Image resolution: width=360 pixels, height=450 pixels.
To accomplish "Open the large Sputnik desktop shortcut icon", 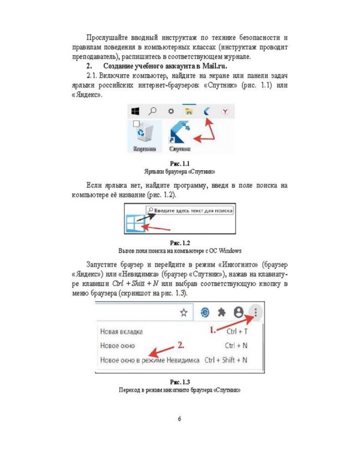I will pos(181,133).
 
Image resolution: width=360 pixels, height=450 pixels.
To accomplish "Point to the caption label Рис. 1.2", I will pos(180,242).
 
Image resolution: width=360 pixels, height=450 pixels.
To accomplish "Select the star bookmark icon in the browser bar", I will pos(184,312).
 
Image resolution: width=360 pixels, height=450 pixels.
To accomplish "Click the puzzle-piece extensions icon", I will pos(222,312).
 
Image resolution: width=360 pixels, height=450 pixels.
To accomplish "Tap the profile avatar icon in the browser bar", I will pos(239,312).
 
